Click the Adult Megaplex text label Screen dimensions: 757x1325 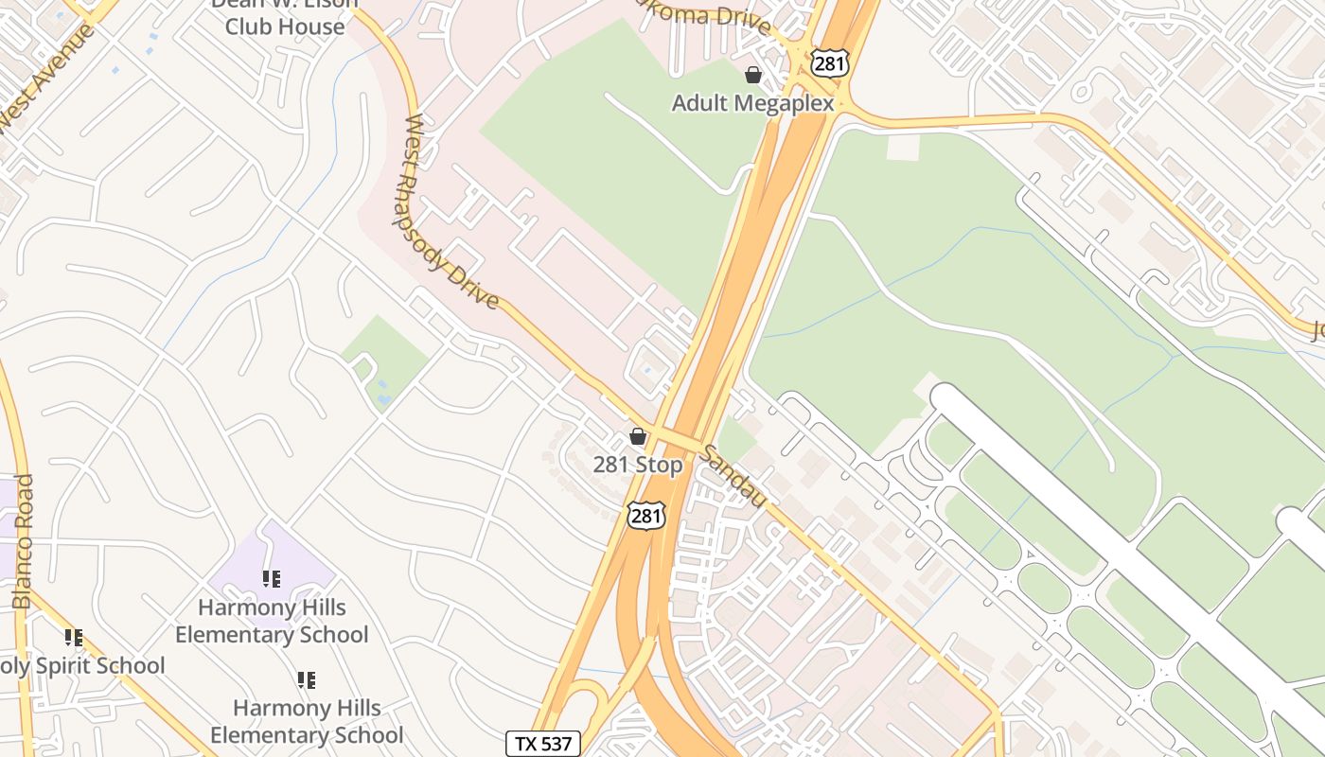click(x=752, y=102)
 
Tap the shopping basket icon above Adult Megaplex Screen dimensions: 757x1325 click(x=753, y=75)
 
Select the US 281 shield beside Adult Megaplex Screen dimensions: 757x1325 click(x=828, y=63)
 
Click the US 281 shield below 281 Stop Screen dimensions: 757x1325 click(x=645, y=516)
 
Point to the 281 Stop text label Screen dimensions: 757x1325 click(x=637, y=465)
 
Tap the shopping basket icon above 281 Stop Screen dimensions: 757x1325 click(x=638, y=436)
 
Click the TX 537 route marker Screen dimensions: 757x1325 click(x=542, y=743)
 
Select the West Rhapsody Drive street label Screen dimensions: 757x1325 click(x=450, y=213)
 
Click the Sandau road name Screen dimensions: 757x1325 click(x=732, y=476)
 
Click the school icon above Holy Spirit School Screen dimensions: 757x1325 click(x=73, y=637)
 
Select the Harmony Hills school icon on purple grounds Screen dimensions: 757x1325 click(x=272, y=578)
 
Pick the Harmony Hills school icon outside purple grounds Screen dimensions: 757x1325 click(x=306, y=679)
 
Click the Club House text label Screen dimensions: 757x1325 click(x=284, y=26)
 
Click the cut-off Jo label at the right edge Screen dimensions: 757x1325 click(x=1316, y=330)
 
